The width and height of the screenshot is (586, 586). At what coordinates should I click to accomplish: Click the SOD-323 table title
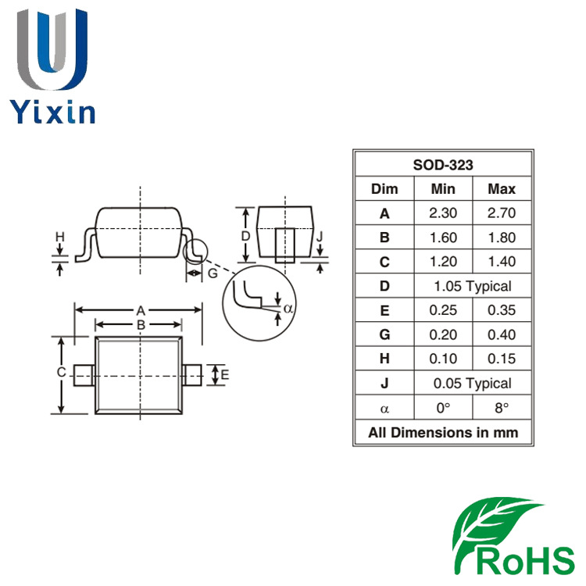443,165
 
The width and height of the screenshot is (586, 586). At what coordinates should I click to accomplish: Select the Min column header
443,189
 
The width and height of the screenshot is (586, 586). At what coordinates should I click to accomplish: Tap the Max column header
501,189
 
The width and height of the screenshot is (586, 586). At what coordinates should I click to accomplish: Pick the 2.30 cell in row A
443,213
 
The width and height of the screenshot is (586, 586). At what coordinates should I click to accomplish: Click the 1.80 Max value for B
501,238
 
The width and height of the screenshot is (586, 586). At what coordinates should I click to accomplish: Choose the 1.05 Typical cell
473,286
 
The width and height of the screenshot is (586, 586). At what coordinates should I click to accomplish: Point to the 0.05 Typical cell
473,383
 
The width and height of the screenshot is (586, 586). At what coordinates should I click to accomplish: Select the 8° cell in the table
501,408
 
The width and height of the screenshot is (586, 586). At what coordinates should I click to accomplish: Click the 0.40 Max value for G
501,334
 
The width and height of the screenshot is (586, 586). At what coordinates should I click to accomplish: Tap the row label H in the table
384,359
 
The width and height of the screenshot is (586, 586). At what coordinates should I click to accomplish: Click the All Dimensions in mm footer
443,432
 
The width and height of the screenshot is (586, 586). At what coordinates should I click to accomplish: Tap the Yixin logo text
52,112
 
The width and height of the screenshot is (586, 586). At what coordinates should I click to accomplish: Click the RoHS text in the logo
523,560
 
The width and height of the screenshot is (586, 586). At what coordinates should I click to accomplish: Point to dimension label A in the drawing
140,309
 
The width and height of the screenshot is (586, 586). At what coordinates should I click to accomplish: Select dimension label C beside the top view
61,373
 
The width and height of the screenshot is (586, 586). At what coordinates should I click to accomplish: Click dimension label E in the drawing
224,375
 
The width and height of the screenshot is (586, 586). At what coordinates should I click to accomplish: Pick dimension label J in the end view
320,236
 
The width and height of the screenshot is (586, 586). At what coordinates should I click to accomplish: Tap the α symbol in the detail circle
288,308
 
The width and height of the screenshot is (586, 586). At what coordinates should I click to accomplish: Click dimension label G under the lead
212,273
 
